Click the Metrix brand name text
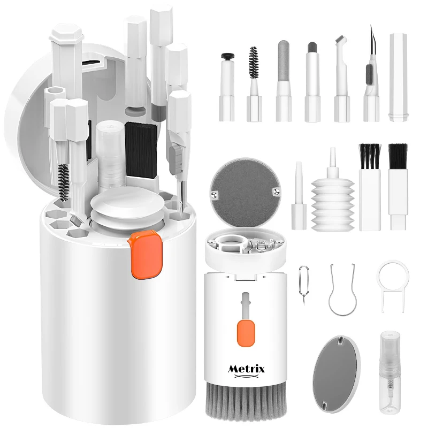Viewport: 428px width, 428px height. tap(247, 369)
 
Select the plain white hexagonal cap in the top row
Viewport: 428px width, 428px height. tap(398, 78)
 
